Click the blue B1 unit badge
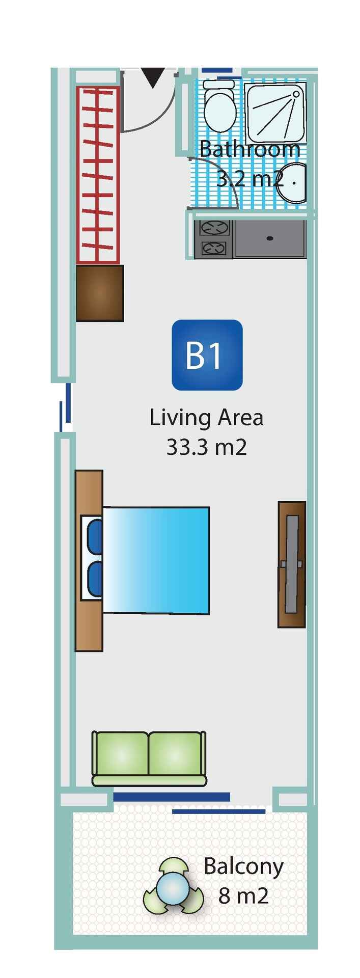click(207, 355)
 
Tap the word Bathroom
click(250, 149)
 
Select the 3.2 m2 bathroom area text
click(250, 179)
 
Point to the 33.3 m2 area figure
click(207, 447)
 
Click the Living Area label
click(206, 418)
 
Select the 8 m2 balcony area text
click(243, 896)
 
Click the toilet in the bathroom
click(219, 106)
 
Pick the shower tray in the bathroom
click(275, 113)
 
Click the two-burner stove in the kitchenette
click(214, 239)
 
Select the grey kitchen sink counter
click(270, 239)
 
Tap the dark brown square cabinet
click(100, 293)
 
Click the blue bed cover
click(156, 560)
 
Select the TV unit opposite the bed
click(292, 564)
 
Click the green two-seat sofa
click(149, 759)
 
